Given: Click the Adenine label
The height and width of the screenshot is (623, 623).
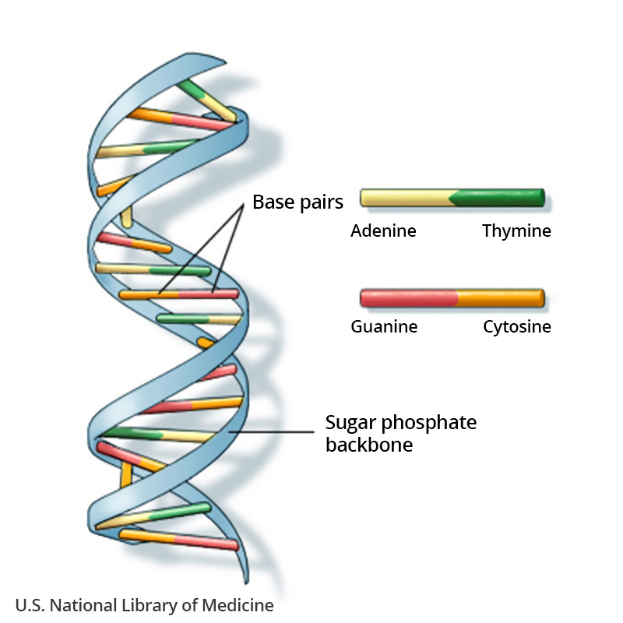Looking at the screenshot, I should [x=383, y=231].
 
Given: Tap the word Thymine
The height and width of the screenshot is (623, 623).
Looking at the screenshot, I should [x=516, y=231].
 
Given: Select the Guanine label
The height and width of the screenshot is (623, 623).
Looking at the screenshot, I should [x=384, y=327].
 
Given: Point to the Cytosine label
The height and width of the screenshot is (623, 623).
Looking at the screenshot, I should [x=516, y=327].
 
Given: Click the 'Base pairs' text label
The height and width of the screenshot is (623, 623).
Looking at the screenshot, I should [x=297, y=203].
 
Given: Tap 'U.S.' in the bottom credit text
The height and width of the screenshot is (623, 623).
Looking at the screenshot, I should [x=29, y=605].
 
